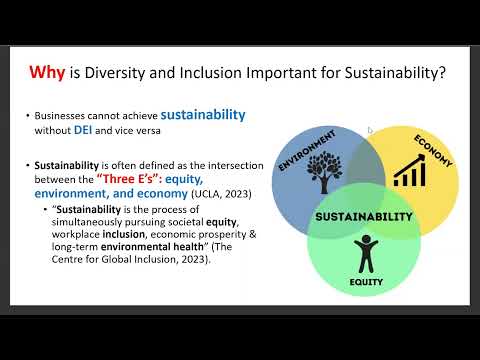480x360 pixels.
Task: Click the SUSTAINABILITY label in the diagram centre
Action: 364,215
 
